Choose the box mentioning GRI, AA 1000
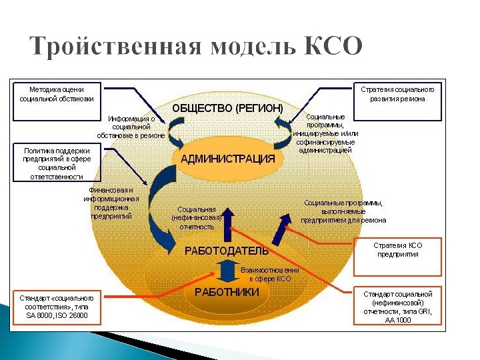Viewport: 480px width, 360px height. click(x=397, y=306)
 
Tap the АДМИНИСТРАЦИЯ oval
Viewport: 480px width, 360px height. click(x=227, y=159)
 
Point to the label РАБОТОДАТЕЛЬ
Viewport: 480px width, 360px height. click(x=227, y=251)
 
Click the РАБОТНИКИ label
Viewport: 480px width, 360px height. click(x=227, y=291)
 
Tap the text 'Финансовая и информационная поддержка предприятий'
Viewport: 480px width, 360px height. click(x=111, y=203)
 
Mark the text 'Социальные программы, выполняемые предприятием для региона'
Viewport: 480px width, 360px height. click(x=343, y=211)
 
